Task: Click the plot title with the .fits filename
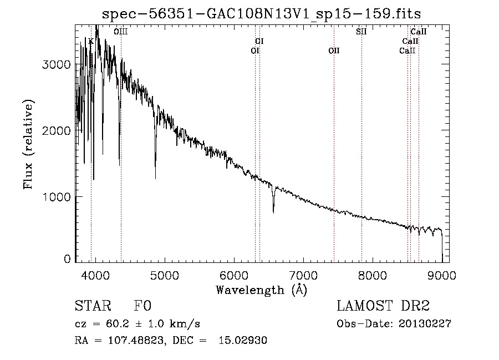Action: point(261,14)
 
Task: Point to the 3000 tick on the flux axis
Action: point(56,64)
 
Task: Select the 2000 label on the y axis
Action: point(56,130)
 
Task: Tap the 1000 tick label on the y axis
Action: point(57,197)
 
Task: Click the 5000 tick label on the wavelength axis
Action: point(165,275)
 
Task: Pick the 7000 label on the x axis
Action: point(303,275)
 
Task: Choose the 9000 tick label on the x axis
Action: point(442,275)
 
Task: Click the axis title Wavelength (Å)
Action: point(262,290)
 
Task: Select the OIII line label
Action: point(121,32)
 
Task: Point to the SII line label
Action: point(361,32)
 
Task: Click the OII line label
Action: point(334,50)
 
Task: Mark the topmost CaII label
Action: point(418,32)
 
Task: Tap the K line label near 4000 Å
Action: point(91,41)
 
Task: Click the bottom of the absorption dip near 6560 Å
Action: point(273,212)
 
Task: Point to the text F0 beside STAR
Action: point(142,306)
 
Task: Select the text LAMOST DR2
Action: point(383,306)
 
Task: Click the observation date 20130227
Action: point(425,324)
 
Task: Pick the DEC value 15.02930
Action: point(243,340)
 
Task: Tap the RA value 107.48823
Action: point(136,341)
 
